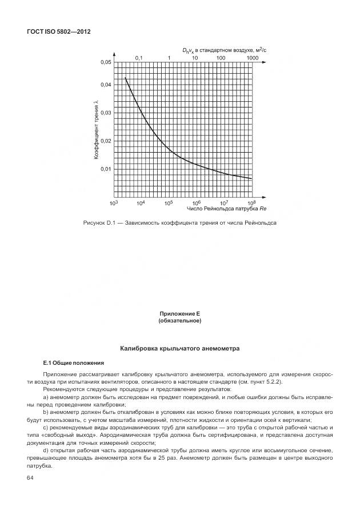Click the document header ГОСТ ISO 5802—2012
point(59,31)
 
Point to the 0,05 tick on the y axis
point(106,62)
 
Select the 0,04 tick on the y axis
point(106,85)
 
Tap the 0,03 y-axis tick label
point(106,113)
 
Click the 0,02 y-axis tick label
point(106,141)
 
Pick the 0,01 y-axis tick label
point(106,169)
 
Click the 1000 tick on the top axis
point(253,58)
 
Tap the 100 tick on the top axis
point(221,58)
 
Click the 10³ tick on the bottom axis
point(113,203)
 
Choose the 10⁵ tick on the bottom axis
point(169,203)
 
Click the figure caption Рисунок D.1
point(179,222)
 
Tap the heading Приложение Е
point(179,314)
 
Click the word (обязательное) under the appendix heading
point(179,321)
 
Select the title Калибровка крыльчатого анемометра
point(179,348)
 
